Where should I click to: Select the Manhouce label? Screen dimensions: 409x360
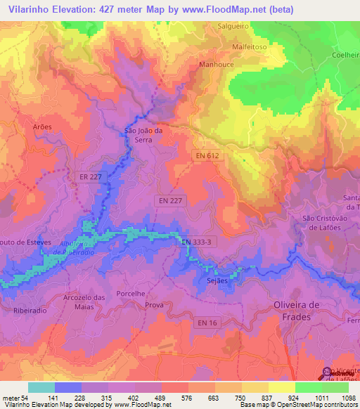click(x=217, y=63)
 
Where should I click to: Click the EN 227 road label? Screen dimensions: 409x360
click(x=170, y=201)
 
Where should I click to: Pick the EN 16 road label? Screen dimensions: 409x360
click(x=207, y=323)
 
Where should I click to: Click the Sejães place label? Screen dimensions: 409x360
click(x=218, y=281)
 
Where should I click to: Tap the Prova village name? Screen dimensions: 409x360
click(x=153, y=306)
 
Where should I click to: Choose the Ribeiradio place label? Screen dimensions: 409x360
click(x=29, y=310)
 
